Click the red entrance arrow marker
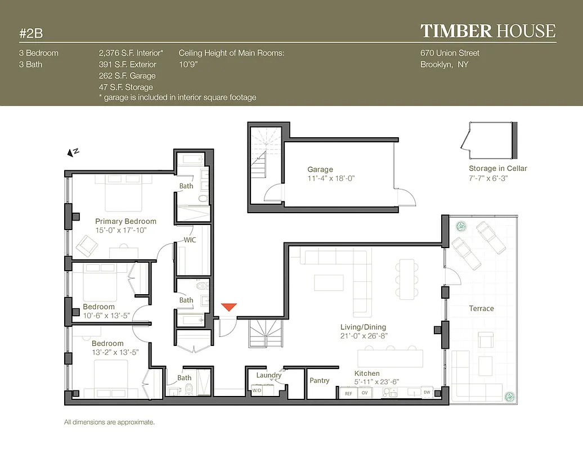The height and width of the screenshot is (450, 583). point(228,307)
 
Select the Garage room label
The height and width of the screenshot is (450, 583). point(320,169)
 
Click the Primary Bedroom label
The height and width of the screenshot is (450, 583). point(125,221)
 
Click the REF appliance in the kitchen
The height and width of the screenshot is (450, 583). point(348,393)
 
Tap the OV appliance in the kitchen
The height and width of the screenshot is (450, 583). point(364,393)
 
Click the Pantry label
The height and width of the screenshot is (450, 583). point(319,381)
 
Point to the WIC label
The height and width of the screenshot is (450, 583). point(190,240)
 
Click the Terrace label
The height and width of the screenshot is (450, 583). point(481,308)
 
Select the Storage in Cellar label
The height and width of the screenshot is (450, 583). point(497,168)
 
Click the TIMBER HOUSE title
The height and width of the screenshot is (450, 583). point(487,31)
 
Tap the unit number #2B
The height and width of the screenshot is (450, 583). point(31,33)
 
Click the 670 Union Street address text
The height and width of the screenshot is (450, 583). point(450,53)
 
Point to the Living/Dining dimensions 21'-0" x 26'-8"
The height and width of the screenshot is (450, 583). point(364,336)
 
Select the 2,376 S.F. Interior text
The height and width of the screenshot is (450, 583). point(131,53)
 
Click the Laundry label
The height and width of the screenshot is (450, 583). point(268,375)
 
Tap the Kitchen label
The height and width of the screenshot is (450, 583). point(366,373)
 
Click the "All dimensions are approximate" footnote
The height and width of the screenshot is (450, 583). point(109,422)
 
